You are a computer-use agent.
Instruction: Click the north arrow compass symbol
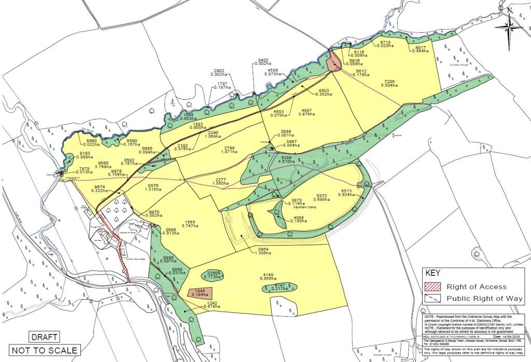510,26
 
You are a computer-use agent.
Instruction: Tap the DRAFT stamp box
43,337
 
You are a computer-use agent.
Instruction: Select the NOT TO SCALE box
44,350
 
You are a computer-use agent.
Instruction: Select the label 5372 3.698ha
322,198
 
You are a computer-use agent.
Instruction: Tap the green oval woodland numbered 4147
281,287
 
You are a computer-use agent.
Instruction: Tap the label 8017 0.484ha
418,50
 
